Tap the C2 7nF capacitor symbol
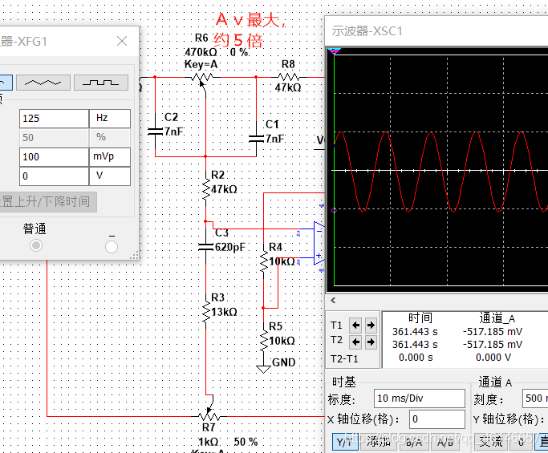pyautogui.click(x=155, y=129)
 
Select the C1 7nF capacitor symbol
pyautogui.click(x=255, y=137)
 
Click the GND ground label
pyautogui.click(x=283, y=362)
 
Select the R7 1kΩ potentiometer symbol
pyautogui.click(x=209, y=415)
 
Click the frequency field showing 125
pyautogui.click(x=53, y=118)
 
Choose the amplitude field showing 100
pyautogui.click(x=53, y=156)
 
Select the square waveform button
pyautogui.click(x=101, y=82)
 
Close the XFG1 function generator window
pyautogui.click(x=122, y=41)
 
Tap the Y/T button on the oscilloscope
pyautogui.click(x=345, y=441)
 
